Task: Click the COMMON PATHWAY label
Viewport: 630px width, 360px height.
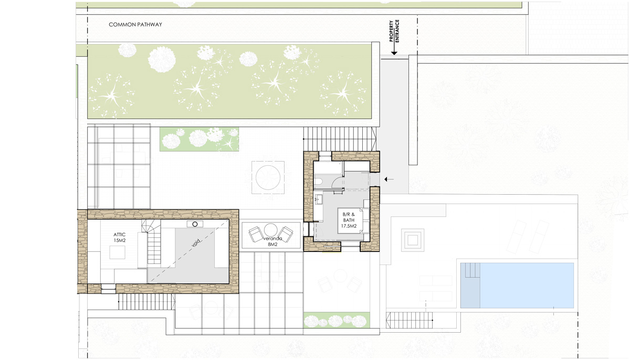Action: tap(135, 25)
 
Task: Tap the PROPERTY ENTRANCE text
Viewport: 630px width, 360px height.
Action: tap(394, 31)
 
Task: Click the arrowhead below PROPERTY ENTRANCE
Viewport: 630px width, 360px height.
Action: tap(394, 52)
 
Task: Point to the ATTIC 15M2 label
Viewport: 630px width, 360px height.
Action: tap(120, 238)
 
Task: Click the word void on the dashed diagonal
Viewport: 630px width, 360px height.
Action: tap(196, 243)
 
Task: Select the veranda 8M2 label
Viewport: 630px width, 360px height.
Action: tap(272, 242)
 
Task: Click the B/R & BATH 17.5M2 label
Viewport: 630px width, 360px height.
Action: tap(349, 220)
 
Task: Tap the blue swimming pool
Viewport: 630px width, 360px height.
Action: tap(517, 285)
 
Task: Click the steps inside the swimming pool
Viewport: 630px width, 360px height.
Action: tap(472, 270)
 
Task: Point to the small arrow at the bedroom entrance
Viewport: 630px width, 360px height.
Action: tap(389, 179)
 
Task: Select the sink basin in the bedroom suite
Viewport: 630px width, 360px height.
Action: tap(319, 200)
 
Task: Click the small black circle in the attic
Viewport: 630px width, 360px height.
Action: tap(195, 224)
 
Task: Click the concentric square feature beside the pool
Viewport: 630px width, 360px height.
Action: tap(413, 240)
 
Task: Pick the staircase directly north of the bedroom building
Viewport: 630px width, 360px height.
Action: tap(340, 139)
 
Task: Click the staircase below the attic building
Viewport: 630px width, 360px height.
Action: tap(146, 302)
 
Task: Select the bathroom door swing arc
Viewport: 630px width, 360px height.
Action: tap(337, 183)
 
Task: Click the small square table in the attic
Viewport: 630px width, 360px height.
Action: tap(117, 252)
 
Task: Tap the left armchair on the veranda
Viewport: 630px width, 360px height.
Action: tap(256, 235)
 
